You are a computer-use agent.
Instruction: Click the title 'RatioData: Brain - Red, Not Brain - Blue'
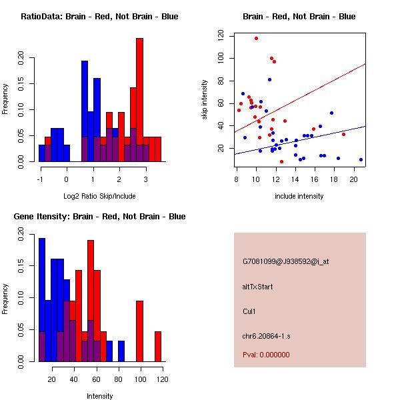coord(99,17)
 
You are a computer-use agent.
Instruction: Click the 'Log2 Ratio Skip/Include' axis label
coord(99,196)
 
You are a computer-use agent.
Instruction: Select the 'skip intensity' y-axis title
coord(205,100)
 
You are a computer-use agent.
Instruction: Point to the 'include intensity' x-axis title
coord(299,196)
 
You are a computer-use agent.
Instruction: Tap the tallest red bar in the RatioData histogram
coord(140,99)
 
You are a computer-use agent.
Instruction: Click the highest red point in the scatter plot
coord(256,38)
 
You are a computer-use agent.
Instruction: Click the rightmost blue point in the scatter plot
coord(361,159)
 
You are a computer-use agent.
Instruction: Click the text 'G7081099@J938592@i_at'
coord(286,261)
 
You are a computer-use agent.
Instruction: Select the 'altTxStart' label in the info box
coord(258,287)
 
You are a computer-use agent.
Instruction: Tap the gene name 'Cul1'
coord(250,311)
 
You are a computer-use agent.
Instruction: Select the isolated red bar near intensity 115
coord(158,346)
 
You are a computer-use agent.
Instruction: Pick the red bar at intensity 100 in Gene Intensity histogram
coord(140,331)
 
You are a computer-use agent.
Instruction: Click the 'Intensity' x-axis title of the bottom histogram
coord(99,396)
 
